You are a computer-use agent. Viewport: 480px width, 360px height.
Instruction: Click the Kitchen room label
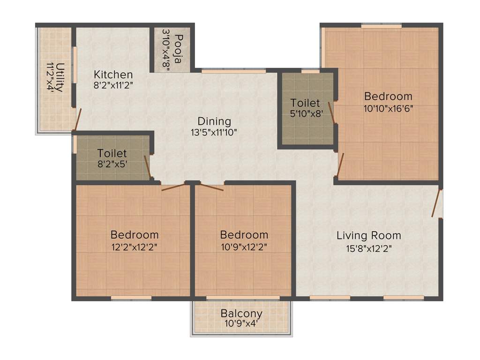click(113, 75)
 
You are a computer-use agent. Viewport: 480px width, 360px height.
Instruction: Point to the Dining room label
click(214, 120)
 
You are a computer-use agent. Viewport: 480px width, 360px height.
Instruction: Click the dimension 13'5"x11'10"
click(214, 132)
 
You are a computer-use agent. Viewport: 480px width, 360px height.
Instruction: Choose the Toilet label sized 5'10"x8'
click(305, 103)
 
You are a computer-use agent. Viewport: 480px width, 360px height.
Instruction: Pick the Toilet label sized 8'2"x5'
click(112, 153)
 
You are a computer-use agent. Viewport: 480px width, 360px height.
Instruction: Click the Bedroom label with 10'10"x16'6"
click(388, 96)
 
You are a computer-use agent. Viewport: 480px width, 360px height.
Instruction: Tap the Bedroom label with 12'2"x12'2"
click(135, 234)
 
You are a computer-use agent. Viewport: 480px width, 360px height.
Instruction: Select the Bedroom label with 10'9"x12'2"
click(244, 234)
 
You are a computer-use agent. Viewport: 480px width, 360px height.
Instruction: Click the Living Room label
click(369, 235)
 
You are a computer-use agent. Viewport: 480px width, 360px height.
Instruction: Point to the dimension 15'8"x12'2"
click(369, 248)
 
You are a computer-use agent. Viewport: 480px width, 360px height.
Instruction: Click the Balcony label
click(241, 313)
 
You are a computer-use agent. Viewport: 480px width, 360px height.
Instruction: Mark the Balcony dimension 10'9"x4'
click(241, 323)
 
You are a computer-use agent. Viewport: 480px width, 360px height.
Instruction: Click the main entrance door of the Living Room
click(437, 202)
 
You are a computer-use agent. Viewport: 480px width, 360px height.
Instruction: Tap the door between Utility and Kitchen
click(78, 120)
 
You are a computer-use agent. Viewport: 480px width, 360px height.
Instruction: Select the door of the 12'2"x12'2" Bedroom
click(173, 187)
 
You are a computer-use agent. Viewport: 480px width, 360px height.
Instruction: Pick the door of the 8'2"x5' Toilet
click(147, 167)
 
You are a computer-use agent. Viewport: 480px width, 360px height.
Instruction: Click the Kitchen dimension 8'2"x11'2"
click(113, 86)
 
